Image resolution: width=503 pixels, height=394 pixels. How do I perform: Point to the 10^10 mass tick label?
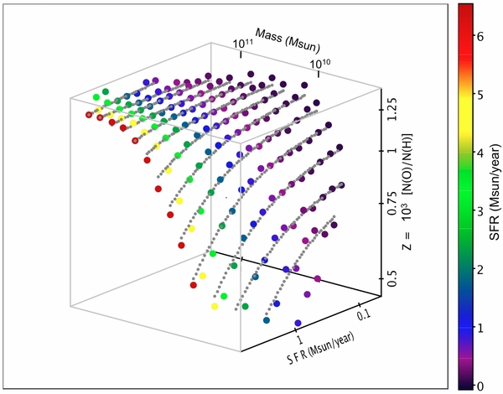pos(318,65)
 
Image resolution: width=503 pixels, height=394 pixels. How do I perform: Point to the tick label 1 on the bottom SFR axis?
pos(299,341)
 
